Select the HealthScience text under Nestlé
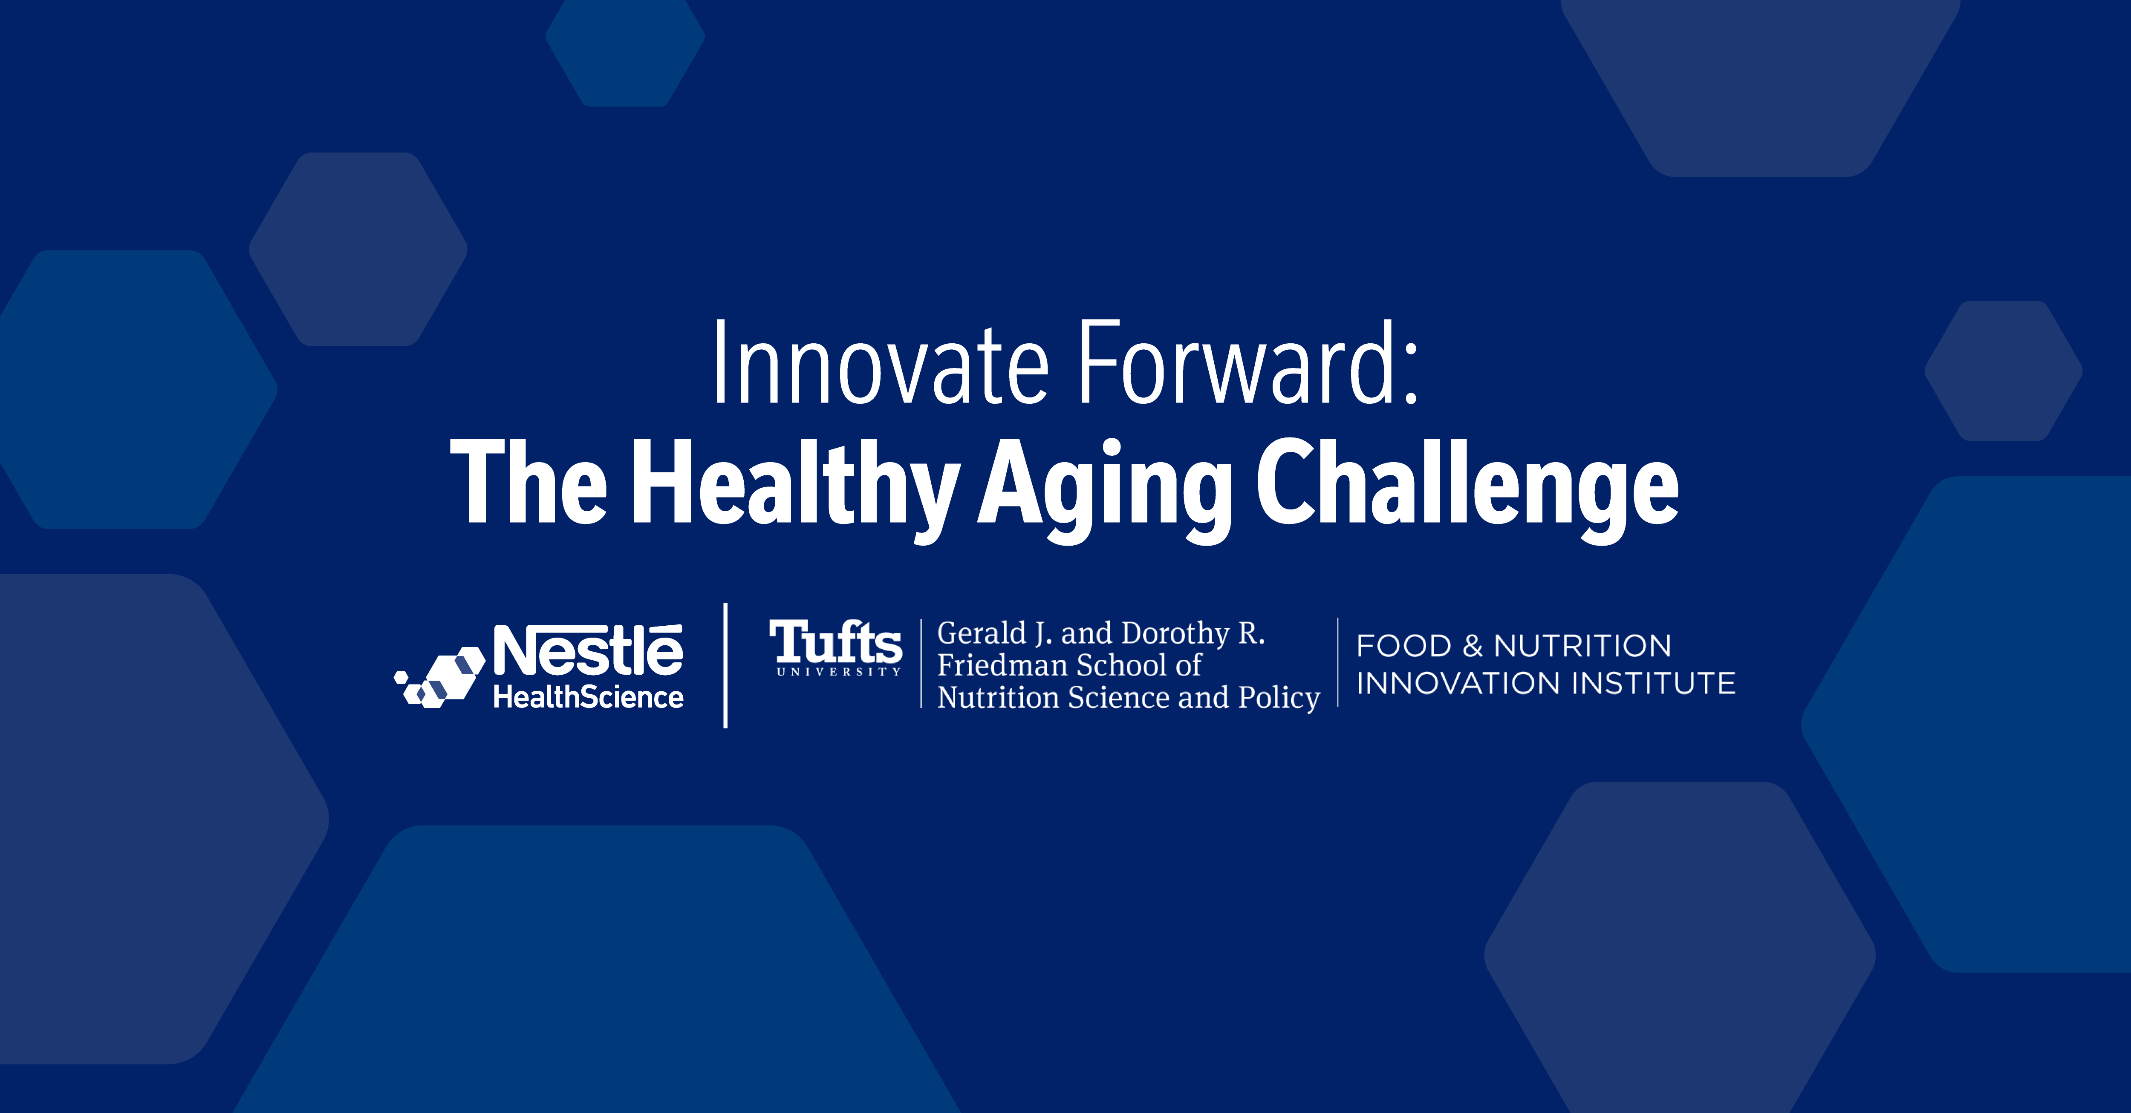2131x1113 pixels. pyautogui.click(x=588, y=697)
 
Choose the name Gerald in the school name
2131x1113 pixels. pyautogui.click(x=981, y=633)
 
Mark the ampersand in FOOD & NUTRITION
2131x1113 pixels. pyautogui.click(x=1473, y=646)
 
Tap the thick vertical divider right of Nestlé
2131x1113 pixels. pyautogui.click(x=725, y=666)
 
